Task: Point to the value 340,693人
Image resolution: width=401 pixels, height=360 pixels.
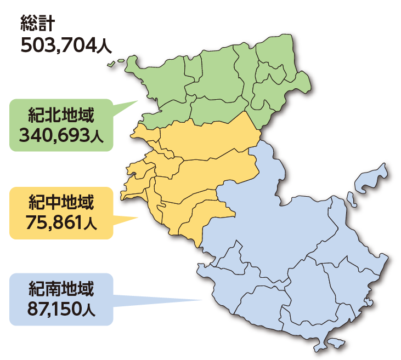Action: tap(61, 135)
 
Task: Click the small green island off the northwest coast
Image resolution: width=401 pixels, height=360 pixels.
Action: tap(112, 65)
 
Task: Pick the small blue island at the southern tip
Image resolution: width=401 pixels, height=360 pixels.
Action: tap(334, 344)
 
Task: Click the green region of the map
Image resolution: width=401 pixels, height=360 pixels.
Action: tap(219, 82)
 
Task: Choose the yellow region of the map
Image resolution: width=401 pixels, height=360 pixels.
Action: tap(203, 164)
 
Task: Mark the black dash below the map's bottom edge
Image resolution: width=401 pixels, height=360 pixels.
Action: tap(318, 359)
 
